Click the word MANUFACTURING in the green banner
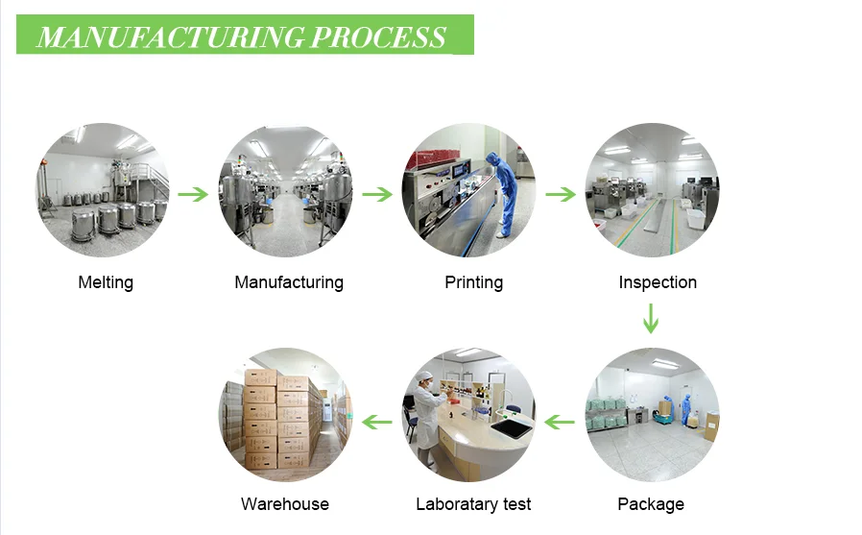pyautogui.click(x=171, y=37)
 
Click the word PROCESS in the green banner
pyautogui.click(x=379, y=37)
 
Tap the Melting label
pyautogui.click(x=106, y=282)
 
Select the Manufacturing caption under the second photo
pyautogui.click(x=289, y=282)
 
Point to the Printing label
pyautogui.click(x=473, y=282)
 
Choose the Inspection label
pyautogui.click(x=658, y=282)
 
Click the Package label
pyautogui.click(x=651, y=504)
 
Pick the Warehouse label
pyautogui.click(x=285, y=503)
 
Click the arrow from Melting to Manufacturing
pyautogui.click(x=193, y=194)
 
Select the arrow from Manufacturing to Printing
pyautogui.click(x=377, y=194)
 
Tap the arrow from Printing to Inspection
pyautogui.click(x=561, y=194)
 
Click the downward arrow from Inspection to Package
pyautogui.click(x=651, y=318)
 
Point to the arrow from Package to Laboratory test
pyautogui.click(x=560, y=423)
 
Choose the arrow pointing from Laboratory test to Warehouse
pyautogui.click(x=377, y=423)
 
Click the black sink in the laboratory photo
pyautogui.click(x=512, y=427)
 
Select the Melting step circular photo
pyautogui.click(x=103, y=189)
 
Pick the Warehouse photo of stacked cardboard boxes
pyautogui.click(x=286, y=415)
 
